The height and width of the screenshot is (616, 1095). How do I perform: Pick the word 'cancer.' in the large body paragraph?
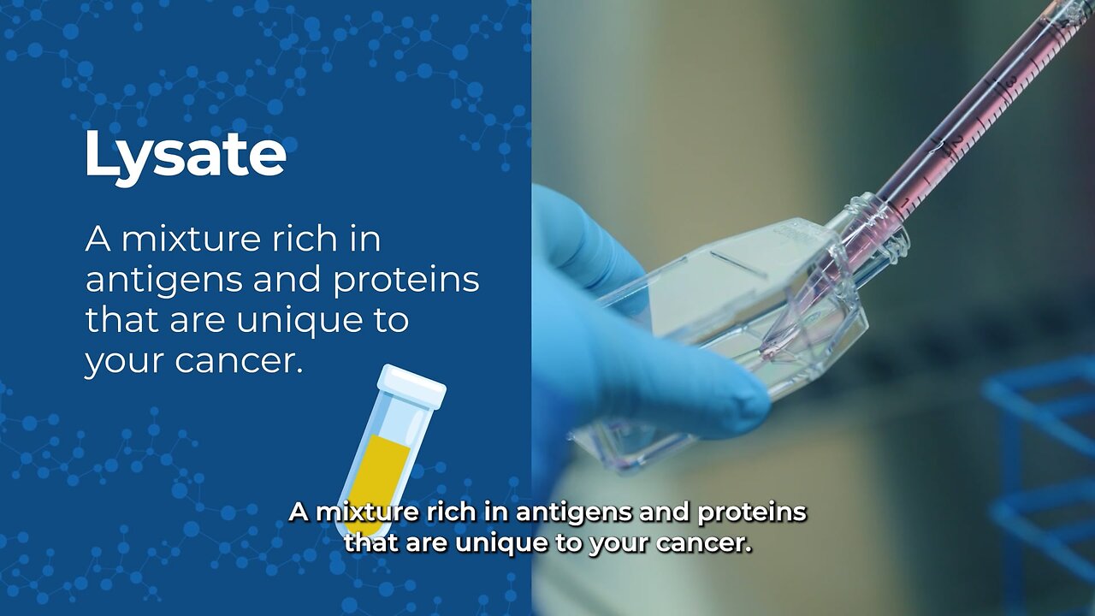pos(239,361)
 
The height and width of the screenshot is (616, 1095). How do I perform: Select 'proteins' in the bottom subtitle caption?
pos(752,512)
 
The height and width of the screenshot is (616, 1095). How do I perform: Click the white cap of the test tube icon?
pos(411,386)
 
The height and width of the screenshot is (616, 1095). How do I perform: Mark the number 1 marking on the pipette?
pos(904,201)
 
